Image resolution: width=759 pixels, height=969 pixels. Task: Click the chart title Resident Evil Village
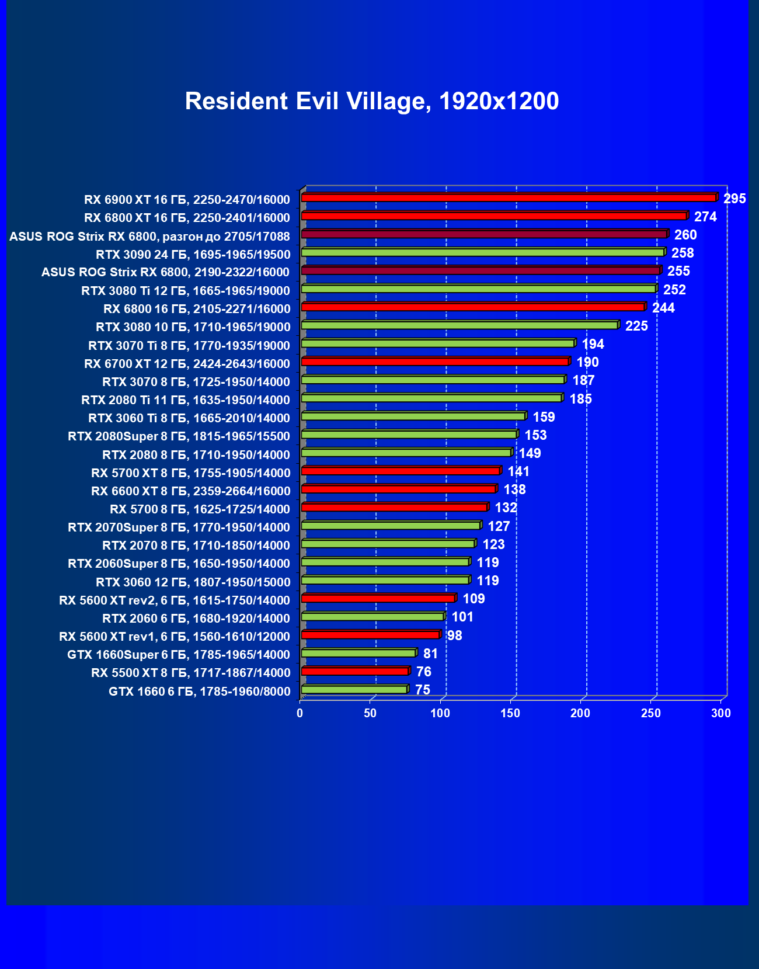click(x=372, y=102)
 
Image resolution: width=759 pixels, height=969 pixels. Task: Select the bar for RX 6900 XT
click(x=508, y=198)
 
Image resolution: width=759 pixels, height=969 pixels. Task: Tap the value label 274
click(x=705, y=217)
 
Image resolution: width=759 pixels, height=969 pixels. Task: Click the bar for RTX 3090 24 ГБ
click(x=482, y=252)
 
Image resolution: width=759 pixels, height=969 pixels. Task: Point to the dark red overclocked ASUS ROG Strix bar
click(x=483, y=234)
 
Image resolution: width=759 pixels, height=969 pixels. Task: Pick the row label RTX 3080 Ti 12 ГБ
click(x=186, y=291)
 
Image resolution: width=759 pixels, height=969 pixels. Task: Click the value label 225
click(x=636, y=326)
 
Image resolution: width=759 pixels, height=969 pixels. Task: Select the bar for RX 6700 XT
click(x=435, y=362)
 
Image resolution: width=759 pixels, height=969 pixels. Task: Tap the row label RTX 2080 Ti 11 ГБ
click(x=186, y=400)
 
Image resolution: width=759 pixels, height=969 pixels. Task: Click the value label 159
click(x=544, y=417)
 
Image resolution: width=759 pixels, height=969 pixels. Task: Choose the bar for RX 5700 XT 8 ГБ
click(x=401, y=471)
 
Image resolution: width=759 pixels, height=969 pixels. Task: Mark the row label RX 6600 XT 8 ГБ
click(x=190, y=491)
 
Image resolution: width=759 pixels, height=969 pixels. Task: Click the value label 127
click(x=499, y=526)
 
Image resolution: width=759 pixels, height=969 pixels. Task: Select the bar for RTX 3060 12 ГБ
click(x=385, y=580)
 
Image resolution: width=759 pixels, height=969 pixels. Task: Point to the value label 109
click(x=473, y=599)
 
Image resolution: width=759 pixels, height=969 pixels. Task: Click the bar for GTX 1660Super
click(x=358, y=653)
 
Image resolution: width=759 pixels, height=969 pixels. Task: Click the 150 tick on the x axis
click(x=510, y=713)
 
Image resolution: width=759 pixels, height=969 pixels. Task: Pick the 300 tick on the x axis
click(x=721, y=713)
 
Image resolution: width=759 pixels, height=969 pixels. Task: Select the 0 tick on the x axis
click(x=300, y=713)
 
